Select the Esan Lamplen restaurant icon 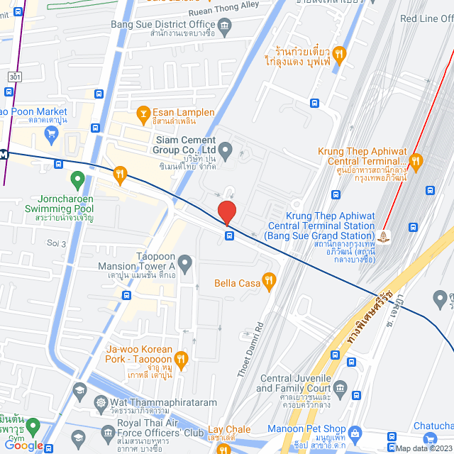pyautogui.click(x=143, y=112)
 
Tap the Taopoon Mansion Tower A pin pyautogui.click(x=185, y=265)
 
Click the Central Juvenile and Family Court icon pyautogui.click(x=340, y=387)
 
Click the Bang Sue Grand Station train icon pyautogui.click(x=384, y=236)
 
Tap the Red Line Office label pyautogui.click(x=426, y=18)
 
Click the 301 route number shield pyautogui.click(x=14, y=75)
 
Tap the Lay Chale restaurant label pyautogui.click(x=228, y=429)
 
